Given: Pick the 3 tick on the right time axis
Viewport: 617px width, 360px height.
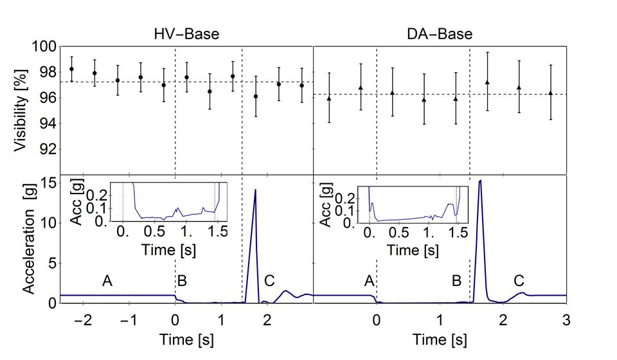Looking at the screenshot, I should (x=566, y=319).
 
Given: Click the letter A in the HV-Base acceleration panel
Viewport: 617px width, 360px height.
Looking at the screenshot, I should (x=108, y=281).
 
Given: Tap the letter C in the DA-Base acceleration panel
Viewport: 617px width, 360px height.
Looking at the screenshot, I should (x=518, y=281).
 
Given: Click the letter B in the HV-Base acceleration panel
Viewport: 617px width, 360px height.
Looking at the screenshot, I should (x=183, y=281).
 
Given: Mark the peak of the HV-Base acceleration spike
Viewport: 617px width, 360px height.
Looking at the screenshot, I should (x=255, y=190).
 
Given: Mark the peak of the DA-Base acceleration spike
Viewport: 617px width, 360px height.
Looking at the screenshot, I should (x=480, y=181).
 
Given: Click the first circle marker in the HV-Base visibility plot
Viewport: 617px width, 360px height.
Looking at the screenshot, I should (x=71, y=69).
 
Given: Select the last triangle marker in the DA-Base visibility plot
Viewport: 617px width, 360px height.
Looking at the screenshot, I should (x=550, y=93).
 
